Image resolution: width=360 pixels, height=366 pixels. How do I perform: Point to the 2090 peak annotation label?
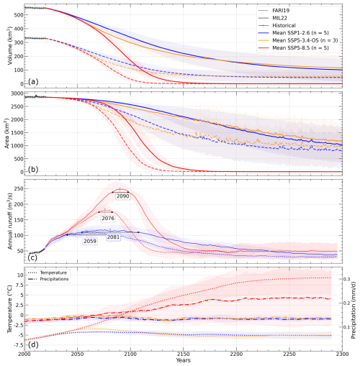coord(122,196)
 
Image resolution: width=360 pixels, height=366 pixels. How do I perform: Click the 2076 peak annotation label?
coord(108,218)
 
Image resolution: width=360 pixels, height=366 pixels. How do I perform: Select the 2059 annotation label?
coord(90,242)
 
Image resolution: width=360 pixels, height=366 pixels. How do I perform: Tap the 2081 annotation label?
coord(113,237)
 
